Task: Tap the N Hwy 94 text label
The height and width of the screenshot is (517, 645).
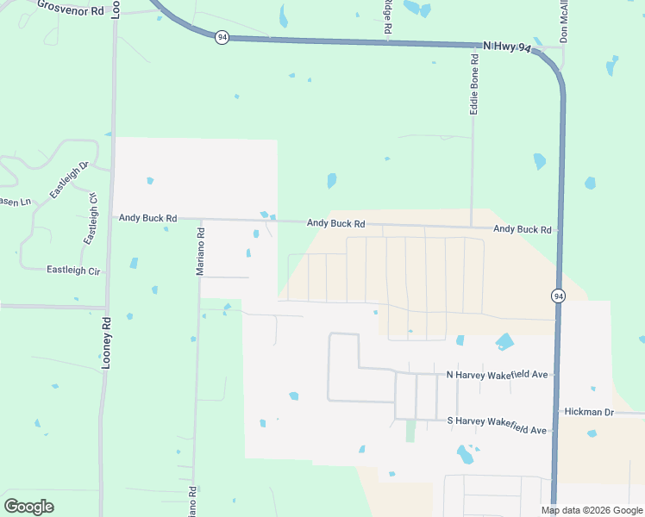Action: point(507,47)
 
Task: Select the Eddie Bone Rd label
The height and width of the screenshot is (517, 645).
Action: point(473,84)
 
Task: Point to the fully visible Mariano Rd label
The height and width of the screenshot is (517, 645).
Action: point(200,250)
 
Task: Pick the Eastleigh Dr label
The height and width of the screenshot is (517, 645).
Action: point(70,180)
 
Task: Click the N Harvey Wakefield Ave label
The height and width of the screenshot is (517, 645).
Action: point(498,375)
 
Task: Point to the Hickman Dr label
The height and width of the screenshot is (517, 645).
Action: point(589,413)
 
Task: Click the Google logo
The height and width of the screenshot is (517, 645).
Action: point(28,507)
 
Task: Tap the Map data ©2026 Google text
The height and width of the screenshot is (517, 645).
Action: point(592,510)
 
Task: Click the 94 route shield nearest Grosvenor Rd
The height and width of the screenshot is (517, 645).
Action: point(222,38)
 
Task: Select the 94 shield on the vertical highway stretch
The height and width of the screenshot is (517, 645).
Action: point(558,296)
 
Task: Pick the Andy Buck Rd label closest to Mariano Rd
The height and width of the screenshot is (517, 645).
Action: point(147,219)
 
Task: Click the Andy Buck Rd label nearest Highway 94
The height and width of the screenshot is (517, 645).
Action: point(522,229)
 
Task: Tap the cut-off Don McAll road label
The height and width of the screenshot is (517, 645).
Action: point(565,22)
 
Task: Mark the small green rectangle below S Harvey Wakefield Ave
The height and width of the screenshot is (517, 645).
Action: point(410,431)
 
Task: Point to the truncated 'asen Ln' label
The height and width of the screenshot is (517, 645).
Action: point(15,202)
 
